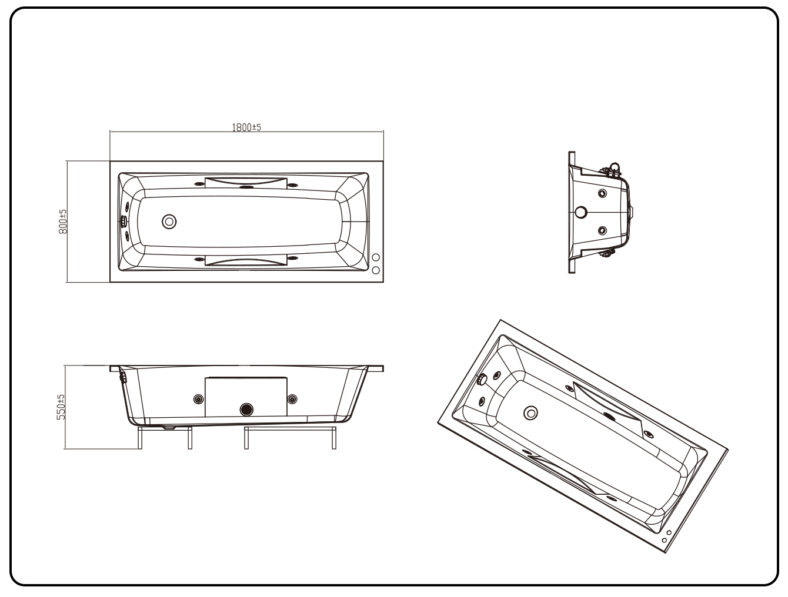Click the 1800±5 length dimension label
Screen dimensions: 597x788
[246, 127]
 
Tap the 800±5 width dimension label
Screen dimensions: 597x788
[63, 222]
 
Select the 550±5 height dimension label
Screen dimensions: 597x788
[61, 407]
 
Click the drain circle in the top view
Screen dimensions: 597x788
[169, 222]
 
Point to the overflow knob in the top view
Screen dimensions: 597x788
[123, 222]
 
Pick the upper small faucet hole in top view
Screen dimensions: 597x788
[376, 258]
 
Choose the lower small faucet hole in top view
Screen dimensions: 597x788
[376, 270]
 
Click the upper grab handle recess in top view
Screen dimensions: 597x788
[246, 181]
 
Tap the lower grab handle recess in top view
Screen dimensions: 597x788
[246, 261]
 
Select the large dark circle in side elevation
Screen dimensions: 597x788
[246, 408]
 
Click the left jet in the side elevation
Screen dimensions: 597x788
[198, 400]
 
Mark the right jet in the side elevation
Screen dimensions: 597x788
[292, 400]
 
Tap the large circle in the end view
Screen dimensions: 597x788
[581, 212]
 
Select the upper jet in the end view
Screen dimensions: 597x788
[602, 193]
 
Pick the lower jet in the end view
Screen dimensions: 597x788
[602, 230]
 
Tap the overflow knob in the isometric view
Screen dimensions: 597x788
[483, 380]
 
